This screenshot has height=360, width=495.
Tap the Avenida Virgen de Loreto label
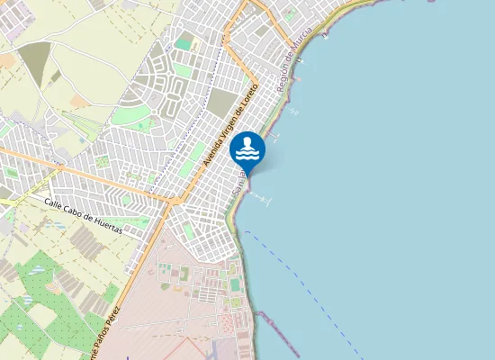[231, 124]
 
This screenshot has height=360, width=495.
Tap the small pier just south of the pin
[261, 198]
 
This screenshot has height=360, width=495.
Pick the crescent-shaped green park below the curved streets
[136, 118]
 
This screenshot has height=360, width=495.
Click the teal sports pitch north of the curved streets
[184, 42]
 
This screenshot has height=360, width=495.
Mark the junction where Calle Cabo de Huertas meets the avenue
[169, 202]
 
